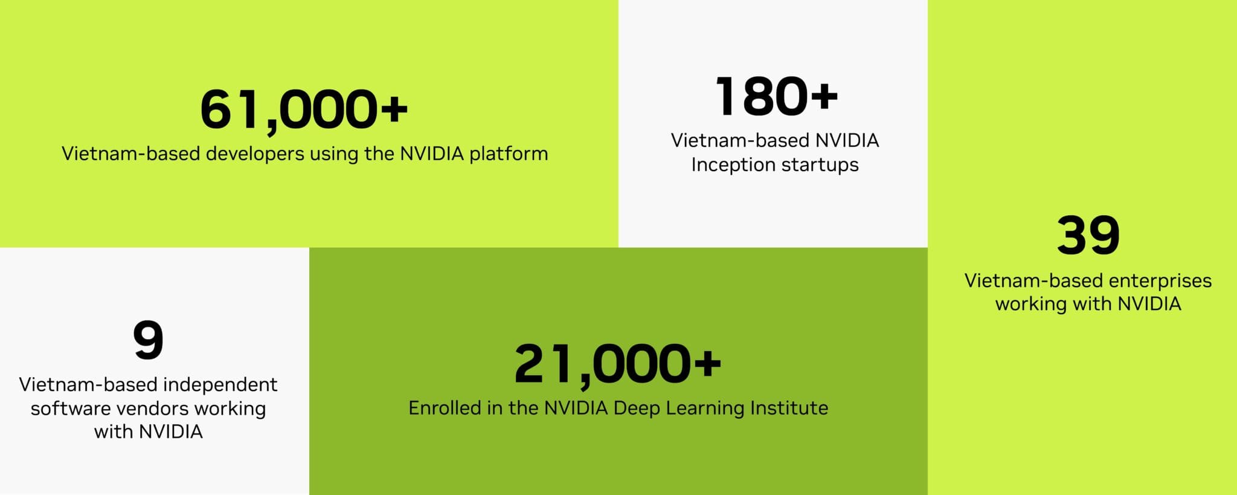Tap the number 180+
click(x=777, y=96)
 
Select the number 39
click(x=1088, y=235)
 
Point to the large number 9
click(x=149, y=340)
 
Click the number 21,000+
click(x=618, y=364)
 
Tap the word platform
click(x=509, y=154)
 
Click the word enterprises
click(x=1160, y=281)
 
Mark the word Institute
click(x=789, y=408)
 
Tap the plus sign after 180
click(x=825, y=96)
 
